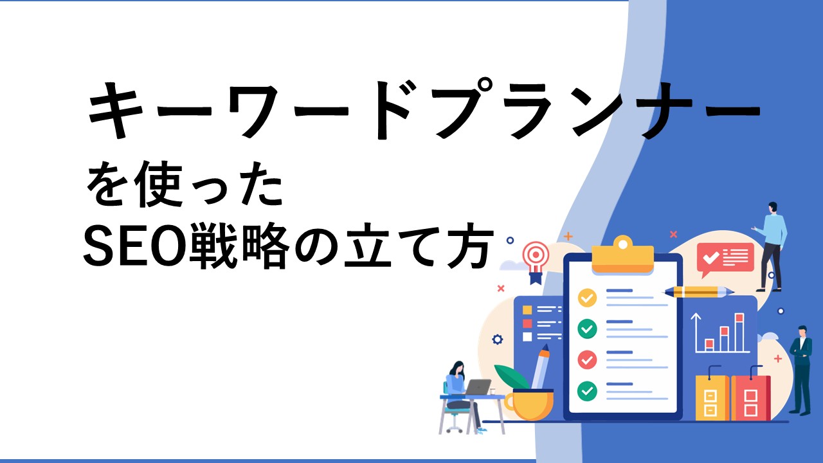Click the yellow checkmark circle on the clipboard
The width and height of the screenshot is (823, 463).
point(587,298)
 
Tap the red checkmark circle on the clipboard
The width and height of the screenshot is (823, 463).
point(587,359)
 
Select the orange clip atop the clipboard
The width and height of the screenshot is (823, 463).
point(623,254)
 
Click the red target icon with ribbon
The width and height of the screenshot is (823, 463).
point(536,262)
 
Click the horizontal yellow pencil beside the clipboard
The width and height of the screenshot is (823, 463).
point(699,292)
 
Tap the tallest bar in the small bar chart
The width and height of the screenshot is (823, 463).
point(739,332)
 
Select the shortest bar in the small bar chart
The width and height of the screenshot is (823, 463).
point(709,345)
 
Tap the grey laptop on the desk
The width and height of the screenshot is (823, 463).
point(477,387)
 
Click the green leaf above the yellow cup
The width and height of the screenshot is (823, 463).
point(511,377)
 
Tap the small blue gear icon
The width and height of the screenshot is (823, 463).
point(498,339)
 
